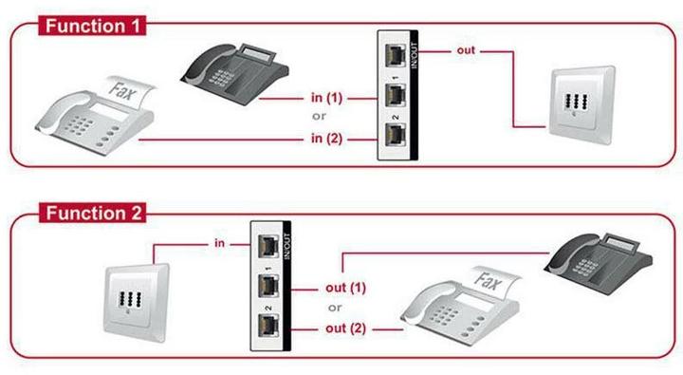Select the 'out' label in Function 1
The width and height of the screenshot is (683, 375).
click(466, 49)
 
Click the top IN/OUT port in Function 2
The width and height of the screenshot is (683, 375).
click(271, 243)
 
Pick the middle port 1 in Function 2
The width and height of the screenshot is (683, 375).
click(271, 286)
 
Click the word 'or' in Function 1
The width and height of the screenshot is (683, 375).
click(320, 119)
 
